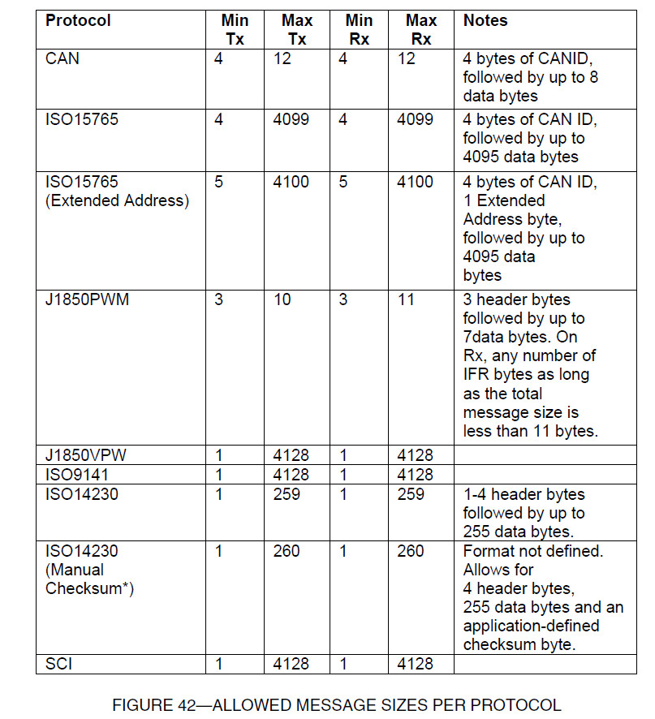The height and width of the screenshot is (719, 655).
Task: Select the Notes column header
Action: (485, 20)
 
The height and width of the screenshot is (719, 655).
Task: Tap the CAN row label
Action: (62, 58)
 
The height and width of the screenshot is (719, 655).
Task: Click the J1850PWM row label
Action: (87, 299)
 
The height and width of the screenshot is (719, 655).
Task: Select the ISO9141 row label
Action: (76, 475)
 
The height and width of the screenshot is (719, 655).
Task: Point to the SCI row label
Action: (60, 664)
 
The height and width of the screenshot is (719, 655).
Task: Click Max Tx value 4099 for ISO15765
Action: (291, 119)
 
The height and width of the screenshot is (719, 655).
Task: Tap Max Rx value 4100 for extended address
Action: (414, 182)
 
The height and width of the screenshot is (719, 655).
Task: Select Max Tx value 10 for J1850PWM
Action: (281, 299)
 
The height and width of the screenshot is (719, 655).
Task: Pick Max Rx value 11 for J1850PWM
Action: (406, 299)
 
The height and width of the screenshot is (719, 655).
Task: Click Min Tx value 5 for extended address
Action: (218, 182)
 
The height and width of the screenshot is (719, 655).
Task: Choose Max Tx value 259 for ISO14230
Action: (286, 494)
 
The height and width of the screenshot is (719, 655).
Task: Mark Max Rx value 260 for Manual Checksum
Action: (411, 551)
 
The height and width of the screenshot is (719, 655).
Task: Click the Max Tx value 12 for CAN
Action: (282, 58)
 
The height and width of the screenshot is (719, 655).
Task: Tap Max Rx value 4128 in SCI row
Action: (415, 664)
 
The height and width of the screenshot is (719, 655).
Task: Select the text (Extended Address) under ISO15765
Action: (117, 200)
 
